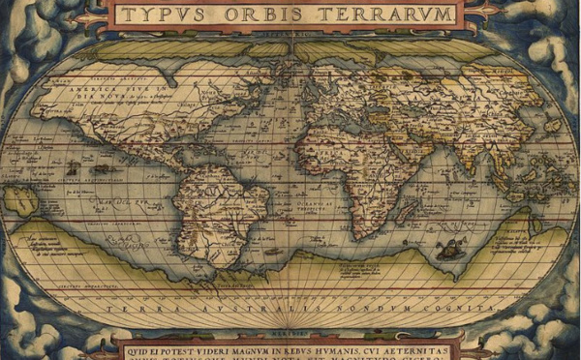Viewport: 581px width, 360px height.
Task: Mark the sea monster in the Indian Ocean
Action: (447, 251)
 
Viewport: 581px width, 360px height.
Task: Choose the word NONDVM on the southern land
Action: (349, 308)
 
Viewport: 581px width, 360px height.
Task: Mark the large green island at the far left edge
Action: (17, 199)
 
